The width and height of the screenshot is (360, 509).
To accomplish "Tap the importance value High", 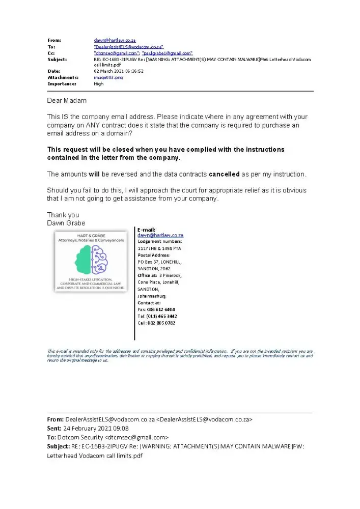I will coord(99,83).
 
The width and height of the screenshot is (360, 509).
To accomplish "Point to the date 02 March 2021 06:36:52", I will coord(119,71).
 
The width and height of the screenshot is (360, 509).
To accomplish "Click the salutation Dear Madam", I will coord(67,100).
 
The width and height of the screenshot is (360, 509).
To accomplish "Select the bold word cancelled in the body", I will coord(224,174).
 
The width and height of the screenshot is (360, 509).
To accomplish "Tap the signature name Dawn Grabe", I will coord(66,223).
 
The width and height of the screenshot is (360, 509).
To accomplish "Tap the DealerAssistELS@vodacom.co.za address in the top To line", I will coord(128,46).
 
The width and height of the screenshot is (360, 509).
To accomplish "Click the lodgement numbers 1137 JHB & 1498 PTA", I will coord(159,248).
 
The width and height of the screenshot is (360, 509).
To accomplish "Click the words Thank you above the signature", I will coord(63,215).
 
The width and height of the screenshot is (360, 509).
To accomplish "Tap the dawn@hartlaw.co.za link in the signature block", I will coord(160,235).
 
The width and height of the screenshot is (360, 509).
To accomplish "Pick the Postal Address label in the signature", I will coord(154,255).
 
